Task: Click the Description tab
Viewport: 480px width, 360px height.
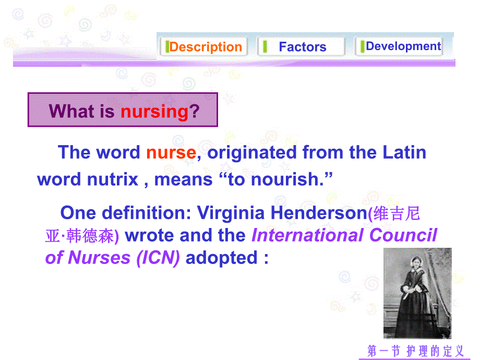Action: [x=205, y=47]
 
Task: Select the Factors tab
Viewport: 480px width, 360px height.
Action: [x=302, y=47]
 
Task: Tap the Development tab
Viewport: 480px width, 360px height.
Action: [x=403, y=46]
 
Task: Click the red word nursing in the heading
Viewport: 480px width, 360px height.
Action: [x=154, y=111]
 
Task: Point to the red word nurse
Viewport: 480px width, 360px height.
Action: [x=171, y=152]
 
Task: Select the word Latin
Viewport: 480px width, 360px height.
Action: [x=404, y=152]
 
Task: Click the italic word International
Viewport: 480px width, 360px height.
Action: [x=308, y=235]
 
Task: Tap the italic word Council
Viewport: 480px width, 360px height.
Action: [x=403, y=235]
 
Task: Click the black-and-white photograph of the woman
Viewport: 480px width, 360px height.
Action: [x=417, y=293]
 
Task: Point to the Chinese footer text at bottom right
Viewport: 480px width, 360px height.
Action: [x=415, y=351]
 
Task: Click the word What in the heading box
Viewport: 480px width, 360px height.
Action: [x=71, y=111]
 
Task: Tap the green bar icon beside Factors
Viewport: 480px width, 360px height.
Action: [x=265, y=46]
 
